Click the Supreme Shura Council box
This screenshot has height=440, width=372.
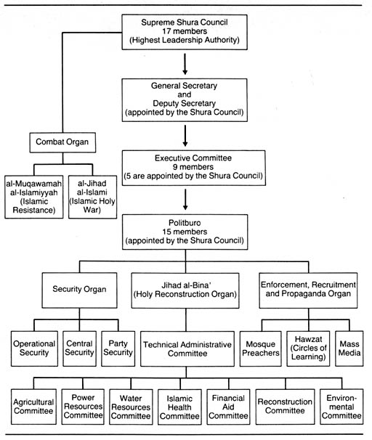pos(185,32)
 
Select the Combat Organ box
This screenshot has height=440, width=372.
pos(62,142)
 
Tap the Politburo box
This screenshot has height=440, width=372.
pos(185,232)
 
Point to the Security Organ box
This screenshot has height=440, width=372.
pos(79,290)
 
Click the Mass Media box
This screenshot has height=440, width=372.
pos(349,349)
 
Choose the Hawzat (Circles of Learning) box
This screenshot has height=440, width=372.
pos(308,349)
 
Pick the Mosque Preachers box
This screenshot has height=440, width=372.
pos(261,349)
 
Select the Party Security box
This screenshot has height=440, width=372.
pos(118,349)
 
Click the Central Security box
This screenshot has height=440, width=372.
pos(79,349)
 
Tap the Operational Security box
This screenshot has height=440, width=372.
pos(34,349)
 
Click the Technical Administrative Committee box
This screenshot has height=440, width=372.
pos(187,349)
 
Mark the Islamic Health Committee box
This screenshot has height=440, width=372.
pos(179,407)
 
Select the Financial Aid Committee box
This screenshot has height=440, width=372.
pos(228,407)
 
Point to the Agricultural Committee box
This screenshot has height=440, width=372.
pos(33,407)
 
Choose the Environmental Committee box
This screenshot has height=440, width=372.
pos(341,407)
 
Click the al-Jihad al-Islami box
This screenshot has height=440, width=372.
pos(92,197)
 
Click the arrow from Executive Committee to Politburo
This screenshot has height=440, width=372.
pos(185,199)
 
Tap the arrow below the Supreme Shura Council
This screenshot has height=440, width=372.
pos(185,64)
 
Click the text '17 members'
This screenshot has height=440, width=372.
pos(185,31)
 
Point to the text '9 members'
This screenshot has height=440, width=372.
pos(193,167)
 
